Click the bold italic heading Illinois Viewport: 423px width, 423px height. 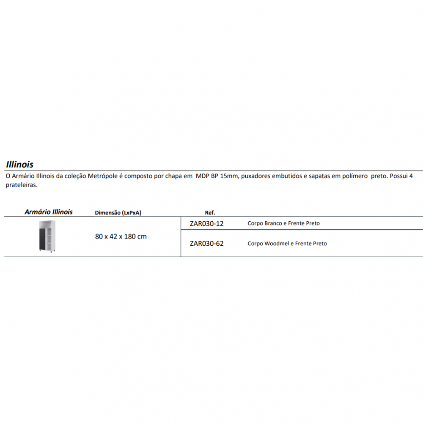(x=20, y=164)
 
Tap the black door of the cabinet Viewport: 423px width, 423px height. (x=42, y=240)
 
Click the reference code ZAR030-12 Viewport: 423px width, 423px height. (x=206, y=223)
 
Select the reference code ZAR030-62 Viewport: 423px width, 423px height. (x=206, y=243)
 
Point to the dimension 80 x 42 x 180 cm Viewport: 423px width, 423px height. (x=121, y=236)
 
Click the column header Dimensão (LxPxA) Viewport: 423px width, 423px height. (x=118, y=213)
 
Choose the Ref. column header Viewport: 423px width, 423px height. (x=210, y=213)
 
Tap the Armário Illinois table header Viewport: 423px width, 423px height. (x=49, y=212)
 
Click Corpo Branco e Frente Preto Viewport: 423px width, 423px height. (x=283, y=223)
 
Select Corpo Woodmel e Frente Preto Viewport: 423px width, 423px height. (x=287, y=244)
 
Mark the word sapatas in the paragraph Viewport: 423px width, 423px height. (x=319, y=176)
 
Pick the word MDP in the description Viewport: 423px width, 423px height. (x=202, y=176)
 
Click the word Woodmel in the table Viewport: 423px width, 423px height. (x=276, y=244)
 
